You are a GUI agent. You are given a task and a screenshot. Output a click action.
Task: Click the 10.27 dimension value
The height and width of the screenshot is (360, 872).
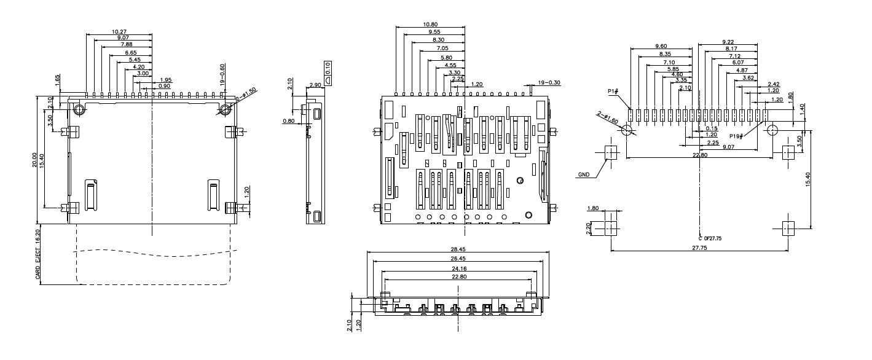point(120,31)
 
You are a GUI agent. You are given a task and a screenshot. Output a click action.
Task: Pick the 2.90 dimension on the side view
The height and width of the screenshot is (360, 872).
point(315,85)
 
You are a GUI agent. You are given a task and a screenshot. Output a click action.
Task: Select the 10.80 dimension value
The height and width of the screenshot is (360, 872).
point(431,25)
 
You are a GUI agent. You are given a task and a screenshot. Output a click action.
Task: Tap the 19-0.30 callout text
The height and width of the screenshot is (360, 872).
point(549,82)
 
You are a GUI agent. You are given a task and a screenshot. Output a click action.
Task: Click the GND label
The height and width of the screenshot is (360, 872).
point(583,174)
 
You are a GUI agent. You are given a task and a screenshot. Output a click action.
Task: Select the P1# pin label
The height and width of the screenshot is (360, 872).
point(613,91)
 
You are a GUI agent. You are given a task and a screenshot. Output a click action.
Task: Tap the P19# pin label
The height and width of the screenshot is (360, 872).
point(737,136)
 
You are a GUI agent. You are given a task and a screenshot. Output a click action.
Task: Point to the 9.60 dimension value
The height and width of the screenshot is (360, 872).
point(661,46)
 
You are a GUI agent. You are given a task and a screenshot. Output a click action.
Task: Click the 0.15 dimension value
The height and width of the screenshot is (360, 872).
point(712,128)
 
